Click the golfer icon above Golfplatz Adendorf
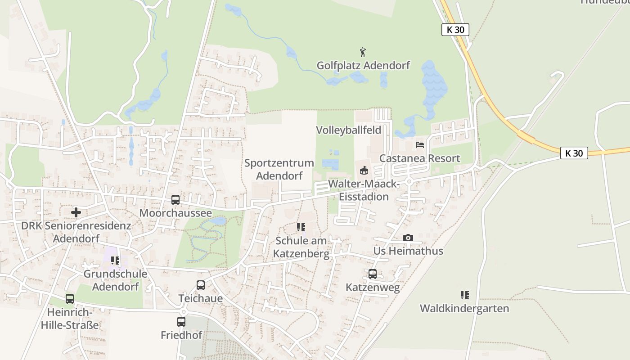pyautogui.click(x=363, y=52)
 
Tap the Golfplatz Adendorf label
pyautogui.click(x=363, y=65)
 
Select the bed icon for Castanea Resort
pyautogui.click(x=420, y=145)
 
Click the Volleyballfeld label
pyautogui.click(x=348, y=130)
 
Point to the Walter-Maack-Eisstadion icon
pyautogui.click(x=364, y=170)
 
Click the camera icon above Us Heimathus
pyautogui.click(x=408, y=238)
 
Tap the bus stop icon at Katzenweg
pyautogui.click(x=373, y=274)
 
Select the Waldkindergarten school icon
pyautogui.click(x=464, y=295)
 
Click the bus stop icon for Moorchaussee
pyautogui.click(x=175, y=200)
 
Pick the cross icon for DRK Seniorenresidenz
pyautogui.click(x=76, y=212)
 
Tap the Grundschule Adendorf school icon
pyautogui.click(x=115, y=261)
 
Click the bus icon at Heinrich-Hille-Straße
pyautogui.click(x=70, y=298)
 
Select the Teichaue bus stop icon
pyautogui.click(x=201, y=285)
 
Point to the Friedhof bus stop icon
pyautogui.click(x=181, y=322)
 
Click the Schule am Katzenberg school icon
pyautogui.click(x=301, y=227)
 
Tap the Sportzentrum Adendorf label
pyautogui.click(x=279, y=169)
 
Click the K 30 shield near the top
pyautogui.click(x=455, y=30)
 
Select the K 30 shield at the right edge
pyautogui.click(x=574, y=153)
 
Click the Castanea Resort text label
pyautogui.click(x=420, y=158)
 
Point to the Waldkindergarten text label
pyautogui.click(x=464, y=308)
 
